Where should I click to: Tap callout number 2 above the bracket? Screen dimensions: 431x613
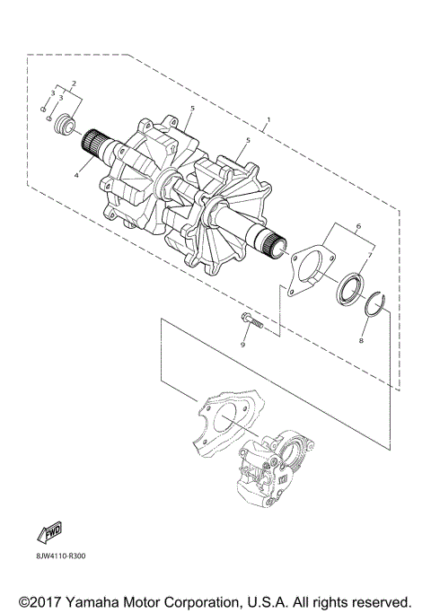pos(74,83)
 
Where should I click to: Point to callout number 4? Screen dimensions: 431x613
pos(76,176)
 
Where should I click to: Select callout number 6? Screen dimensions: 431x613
pos(358,226)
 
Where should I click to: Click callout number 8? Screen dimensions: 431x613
pos(361,340)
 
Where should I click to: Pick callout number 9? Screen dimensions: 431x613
pos(242,345)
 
